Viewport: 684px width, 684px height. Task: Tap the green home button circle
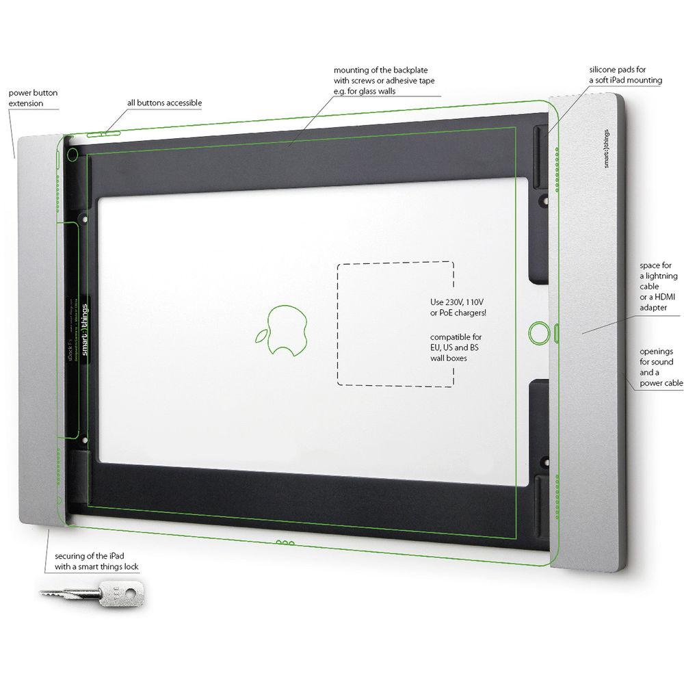(x=538, y=333)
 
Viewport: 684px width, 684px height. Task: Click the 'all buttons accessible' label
(x=164, y=103)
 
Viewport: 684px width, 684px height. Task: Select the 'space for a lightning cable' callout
(x=659, y=285)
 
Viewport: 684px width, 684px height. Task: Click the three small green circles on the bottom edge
(x=285, y=543)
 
